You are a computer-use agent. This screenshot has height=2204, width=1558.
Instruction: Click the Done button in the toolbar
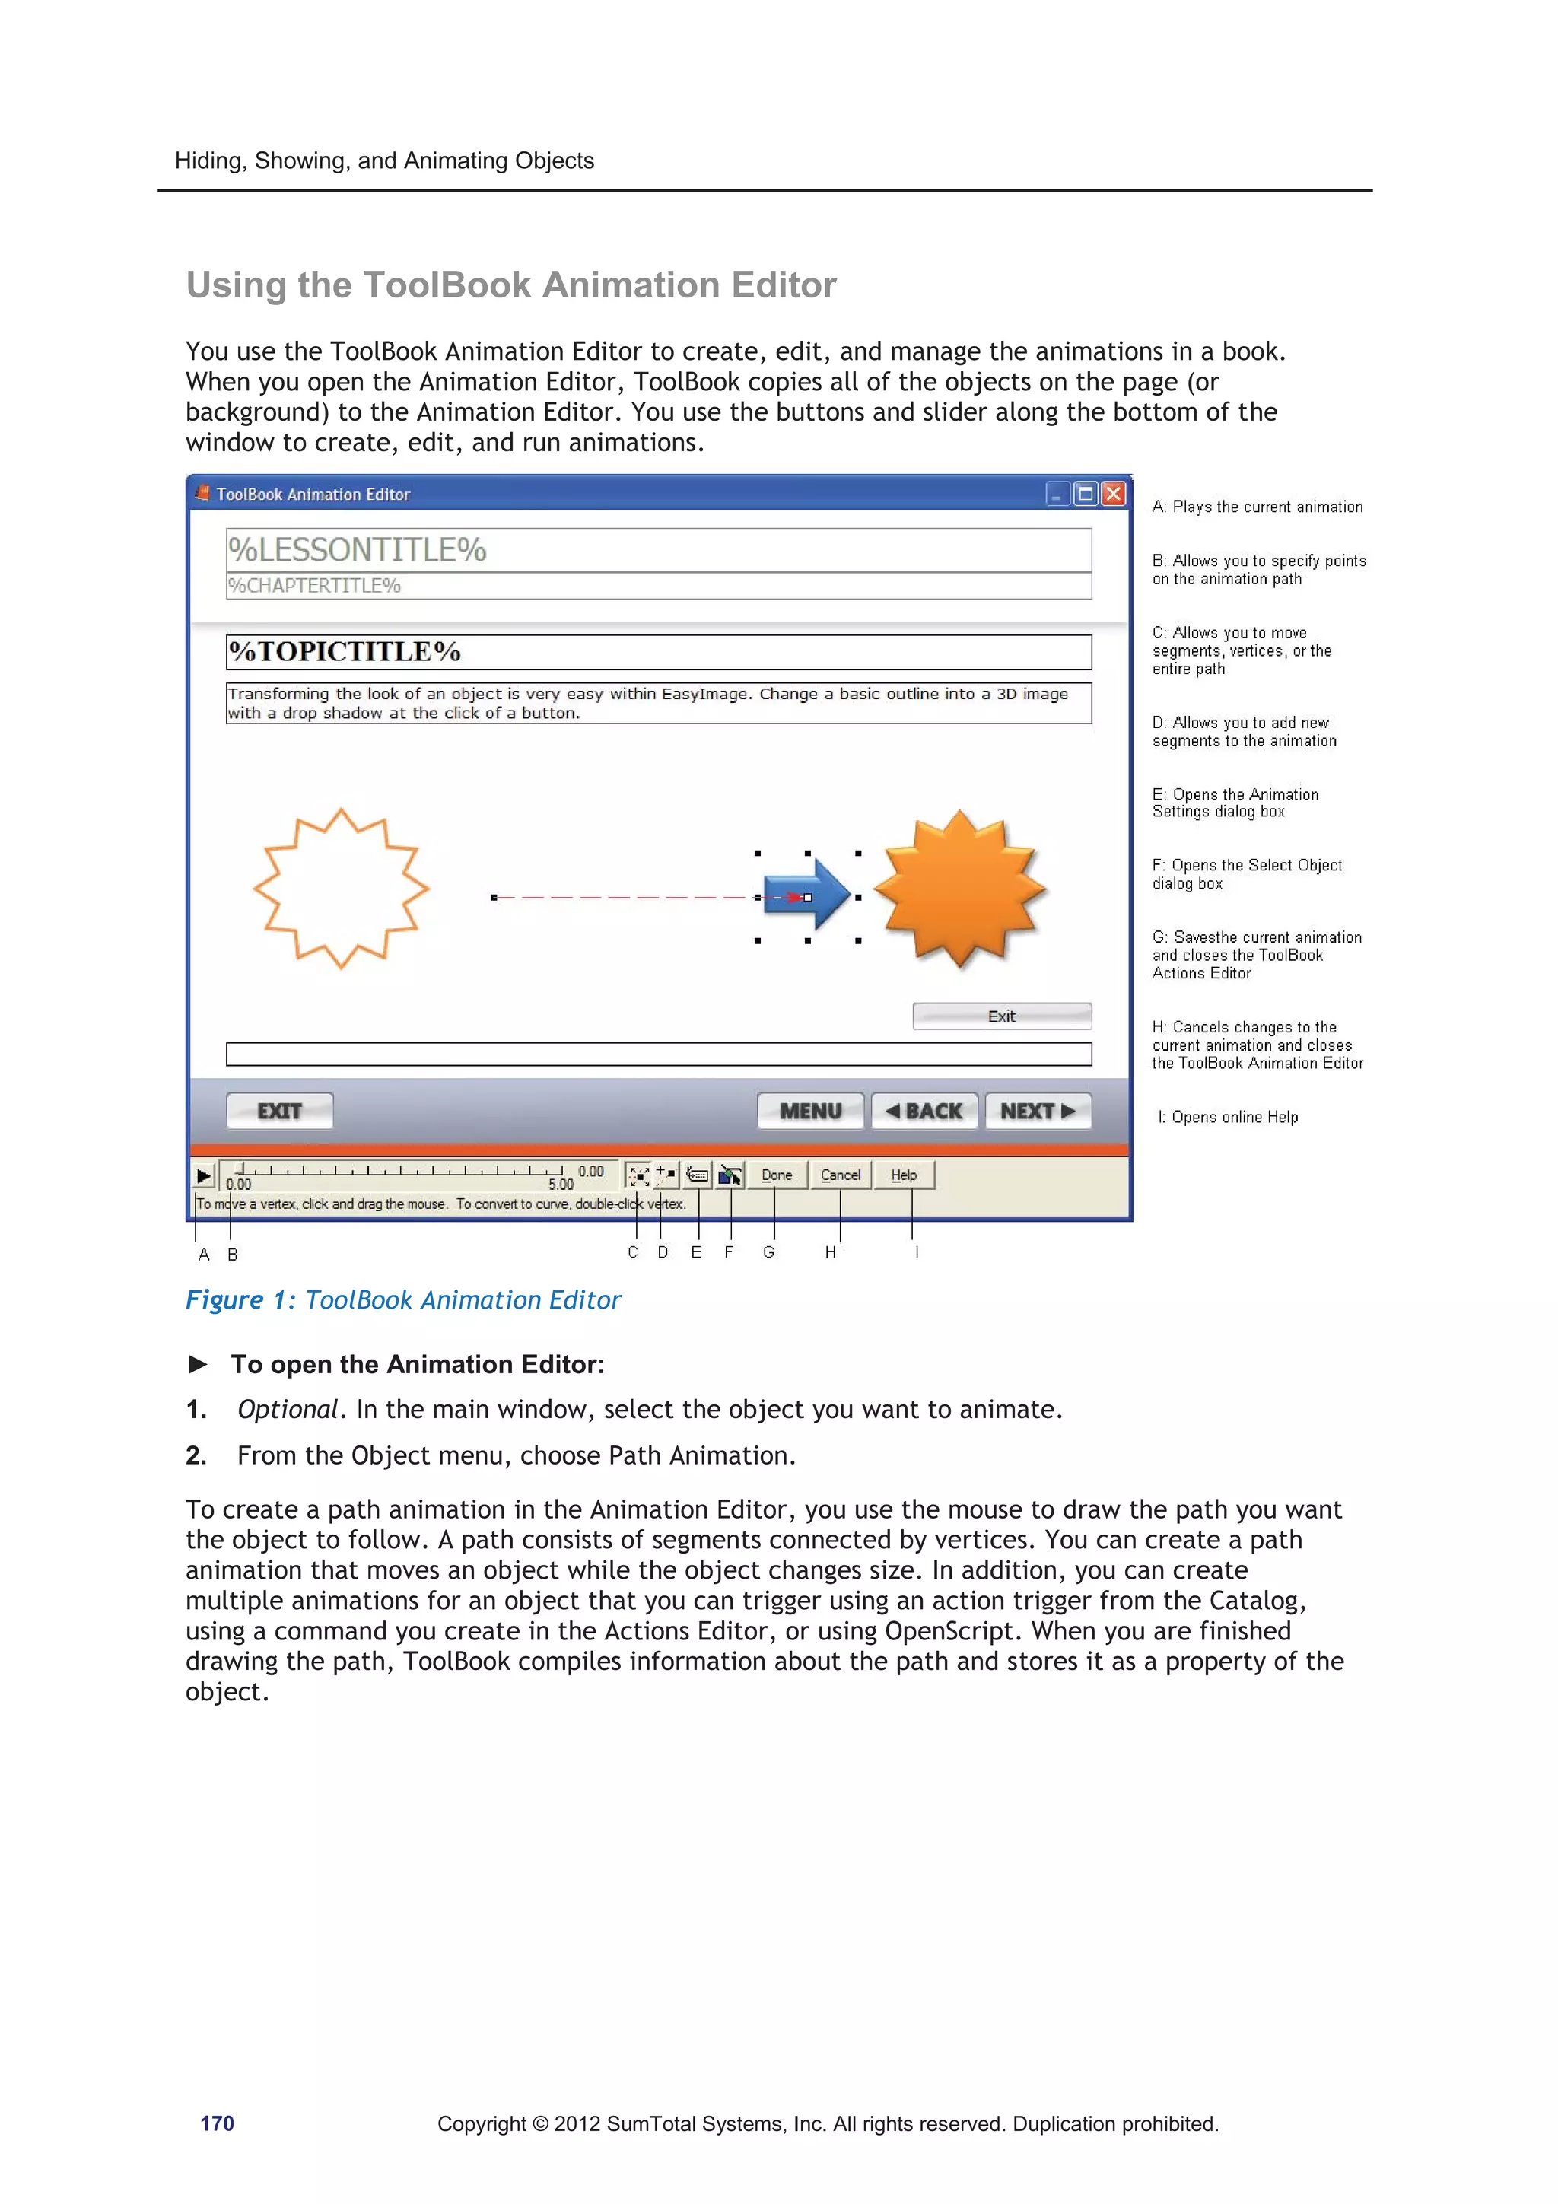[x=776, y=1175]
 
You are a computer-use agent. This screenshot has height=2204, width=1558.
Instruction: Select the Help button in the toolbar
[x=903, y=1175]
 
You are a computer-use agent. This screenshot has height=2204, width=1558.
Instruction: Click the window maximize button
[x=1086, y=494]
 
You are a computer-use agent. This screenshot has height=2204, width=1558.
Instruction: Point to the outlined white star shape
[x=340, y=889]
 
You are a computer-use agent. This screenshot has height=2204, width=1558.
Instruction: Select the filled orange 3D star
[x=959, y=889]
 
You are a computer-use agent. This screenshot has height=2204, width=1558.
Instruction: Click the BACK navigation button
[x=924, y=1111]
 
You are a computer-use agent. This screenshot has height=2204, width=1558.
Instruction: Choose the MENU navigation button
[x=810, y=1111]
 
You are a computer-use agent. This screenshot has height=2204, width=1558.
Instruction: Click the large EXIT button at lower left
[x=279, y=1111]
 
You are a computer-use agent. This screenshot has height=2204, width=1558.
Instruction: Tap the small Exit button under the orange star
[x=1001, y=1016]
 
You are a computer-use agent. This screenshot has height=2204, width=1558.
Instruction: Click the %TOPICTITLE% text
[x=345, y=652]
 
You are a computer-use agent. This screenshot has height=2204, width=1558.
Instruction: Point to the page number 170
[x=217, y=2123]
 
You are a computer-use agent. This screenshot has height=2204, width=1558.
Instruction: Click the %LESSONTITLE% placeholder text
[x=357, y=550]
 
